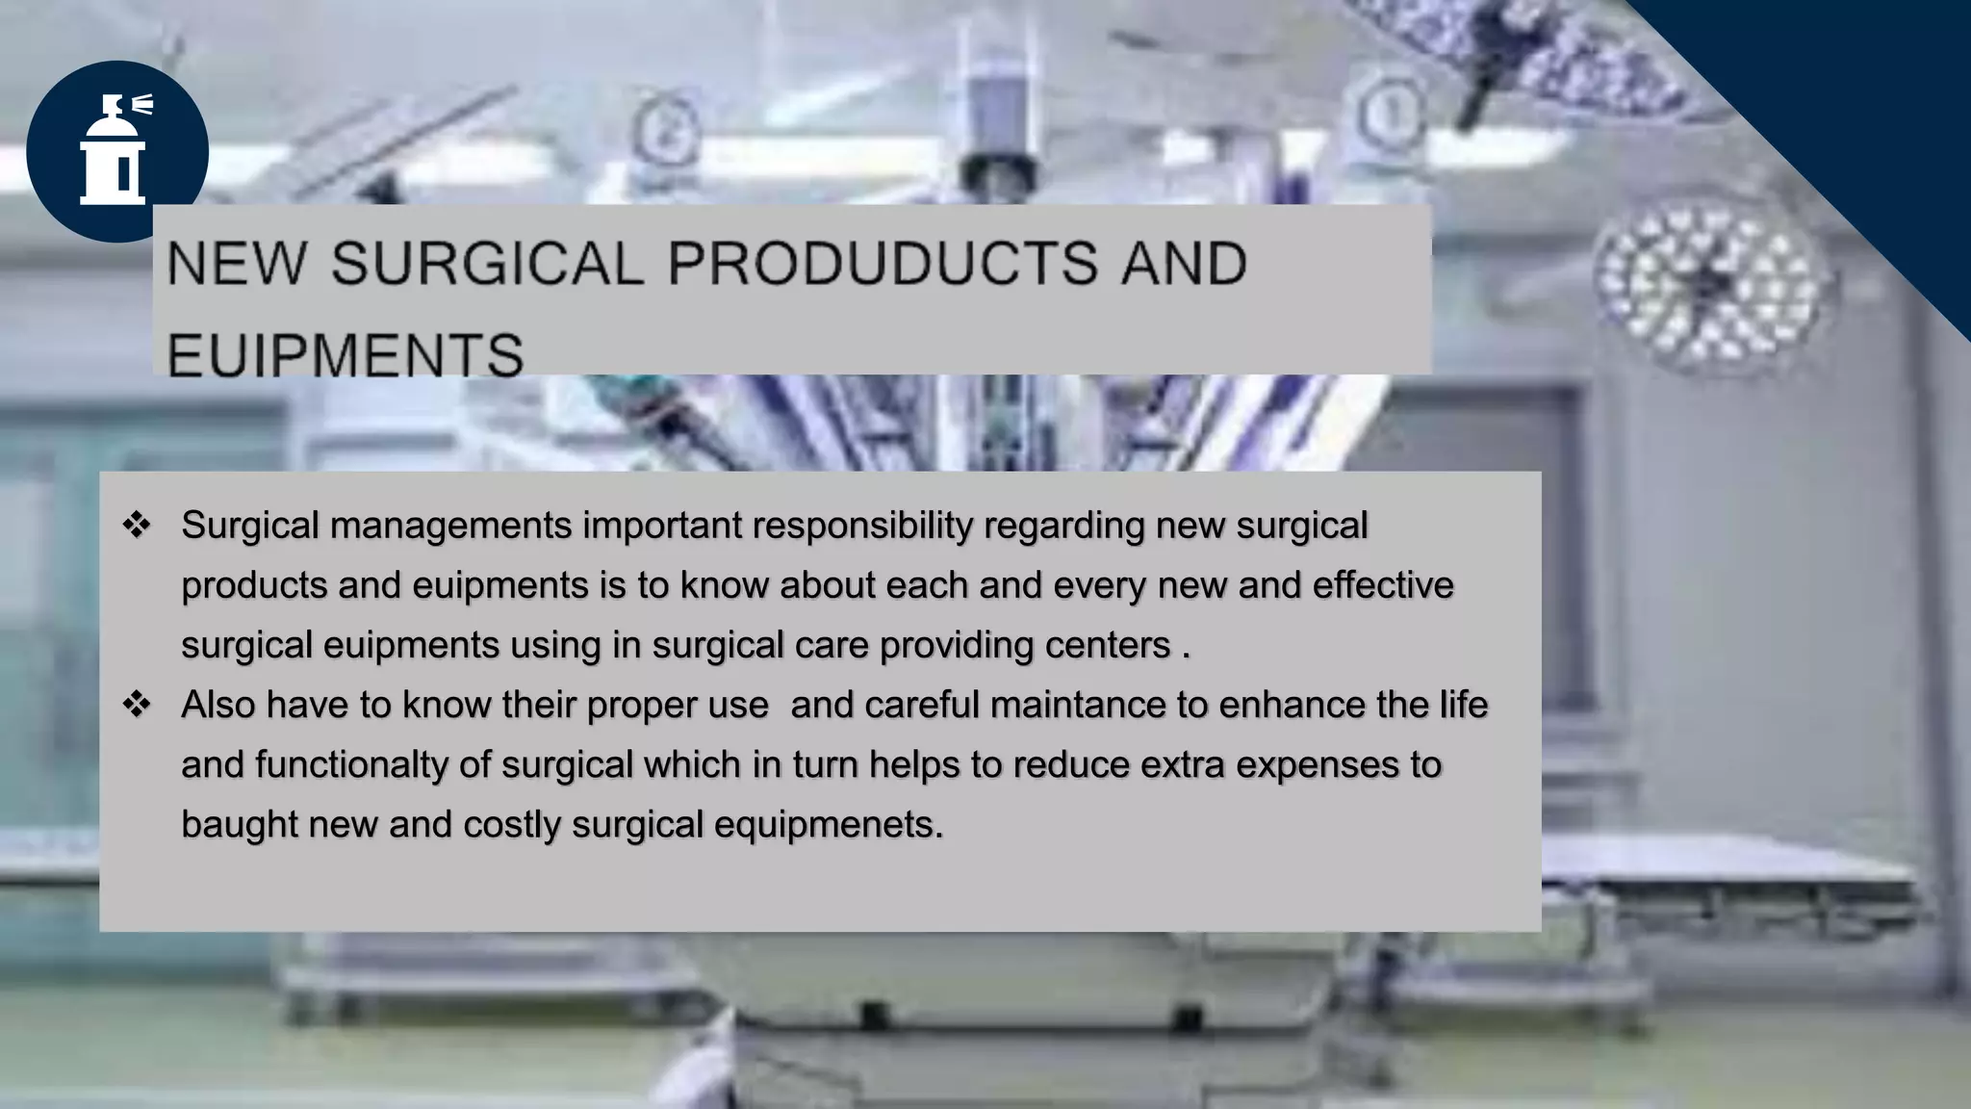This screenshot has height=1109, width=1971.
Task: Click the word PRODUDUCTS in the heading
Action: (882, 264)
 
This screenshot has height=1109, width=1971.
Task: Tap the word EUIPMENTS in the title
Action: (345, 354)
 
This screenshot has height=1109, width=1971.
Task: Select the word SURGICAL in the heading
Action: (487, 264)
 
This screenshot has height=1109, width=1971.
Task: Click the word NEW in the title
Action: (237, 264)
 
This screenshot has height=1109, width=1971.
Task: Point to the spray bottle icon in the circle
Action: (115, 150)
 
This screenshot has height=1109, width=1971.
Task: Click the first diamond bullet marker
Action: (137, 526)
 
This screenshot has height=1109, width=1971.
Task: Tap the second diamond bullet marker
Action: (137, 705)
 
